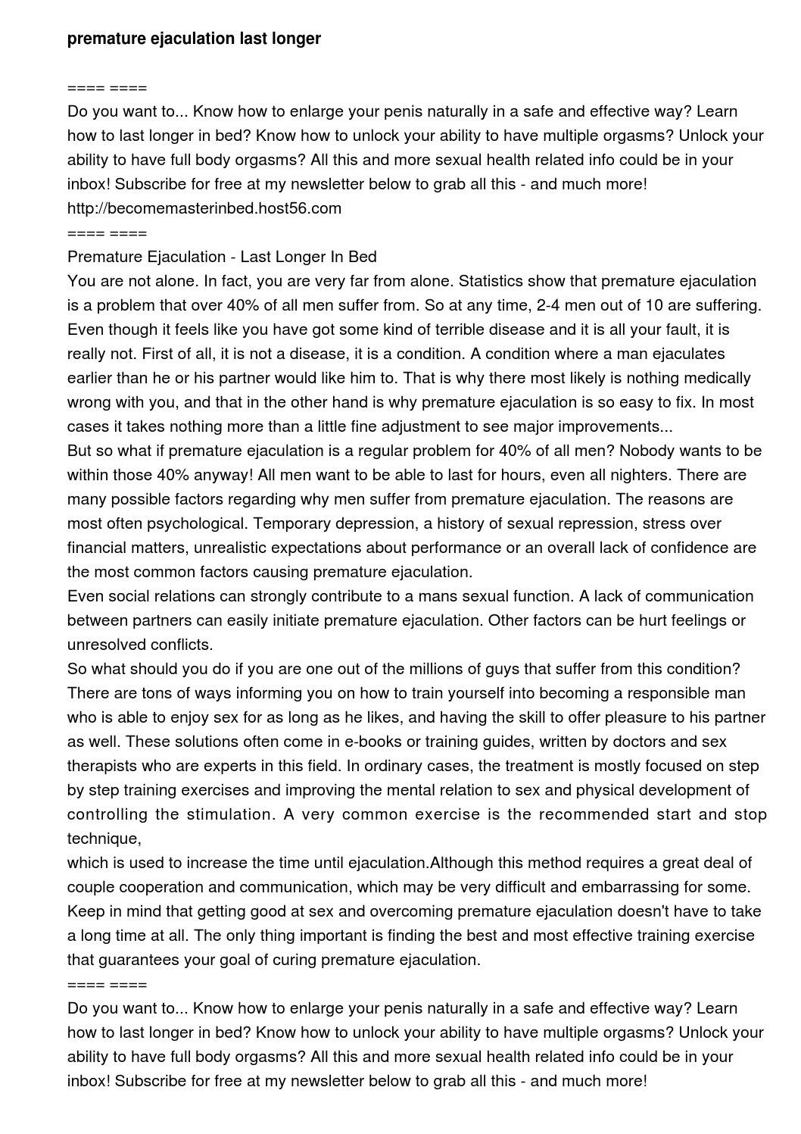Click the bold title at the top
pos(194,39)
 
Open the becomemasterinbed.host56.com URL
pos(204,208)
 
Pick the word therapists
pos(101,766)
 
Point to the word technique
pos(103,839)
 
